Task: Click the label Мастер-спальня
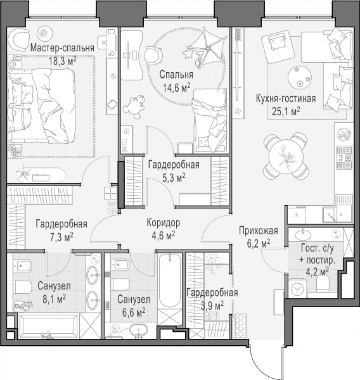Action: [62, 48]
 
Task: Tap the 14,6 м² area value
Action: [176, 87]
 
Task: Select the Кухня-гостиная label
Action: [286, 99]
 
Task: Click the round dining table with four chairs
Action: [286, 156]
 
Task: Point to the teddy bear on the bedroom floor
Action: [134, 106]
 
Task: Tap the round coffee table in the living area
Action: [300, 77]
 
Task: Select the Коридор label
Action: [164, 222]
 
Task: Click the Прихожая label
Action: [259, 231]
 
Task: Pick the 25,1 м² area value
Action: [286, 111]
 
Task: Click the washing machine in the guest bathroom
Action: [297, 289]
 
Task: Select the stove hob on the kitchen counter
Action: [344, 158]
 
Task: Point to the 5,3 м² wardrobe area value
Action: [174, 178]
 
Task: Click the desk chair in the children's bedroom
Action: [153, 56]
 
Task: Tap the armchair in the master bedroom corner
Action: [18, 40]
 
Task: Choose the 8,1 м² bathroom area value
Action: [54, 299]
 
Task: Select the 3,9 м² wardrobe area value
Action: [212, 306]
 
